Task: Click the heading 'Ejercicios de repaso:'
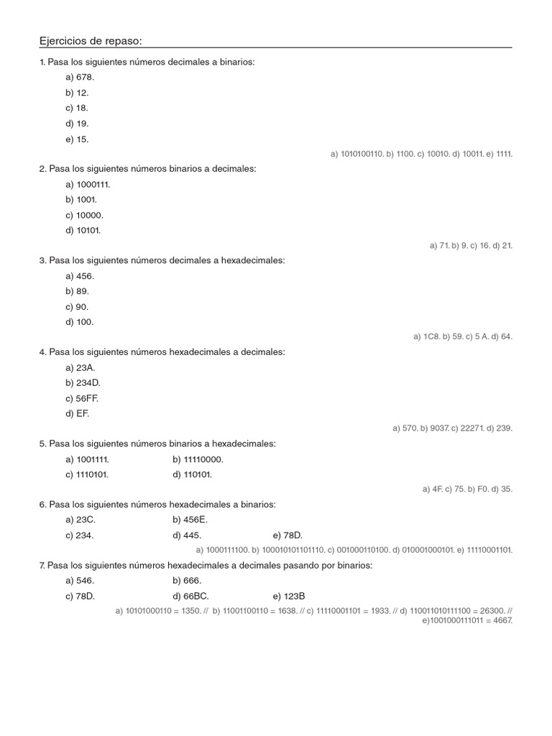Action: pyautogui.click(x=96, y=41)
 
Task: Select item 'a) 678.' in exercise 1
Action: pyautogui.click(x=80, y=77)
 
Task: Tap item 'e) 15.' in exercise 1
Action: pyautogui.click(x=77, y=139)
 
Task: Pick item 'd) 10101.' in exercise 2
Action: pyautogui.click(x=83, y=231)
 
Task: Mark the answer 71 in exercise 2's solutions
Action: pyautogui.click(x=443, y=245)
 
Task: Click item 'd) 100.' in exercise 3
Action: pyautogui.click(x=79, y=322)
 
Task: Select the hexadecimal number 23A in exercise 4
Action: pyautogui.click(x=86, y=367)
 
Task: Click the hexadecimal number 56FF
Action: pyautogui.click(x=88, y=398)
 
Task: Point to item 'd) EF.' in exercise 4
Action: pyautogui.click(x=78, y=413)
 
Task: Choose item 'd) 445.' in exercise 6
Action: pyautogui.click(x=187, y=535)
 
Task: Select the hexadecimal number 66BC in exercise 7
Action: pyautogui.click(x=196, y=596)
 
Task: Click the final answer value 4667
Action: pyautogui.click(x=501, y=620)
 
